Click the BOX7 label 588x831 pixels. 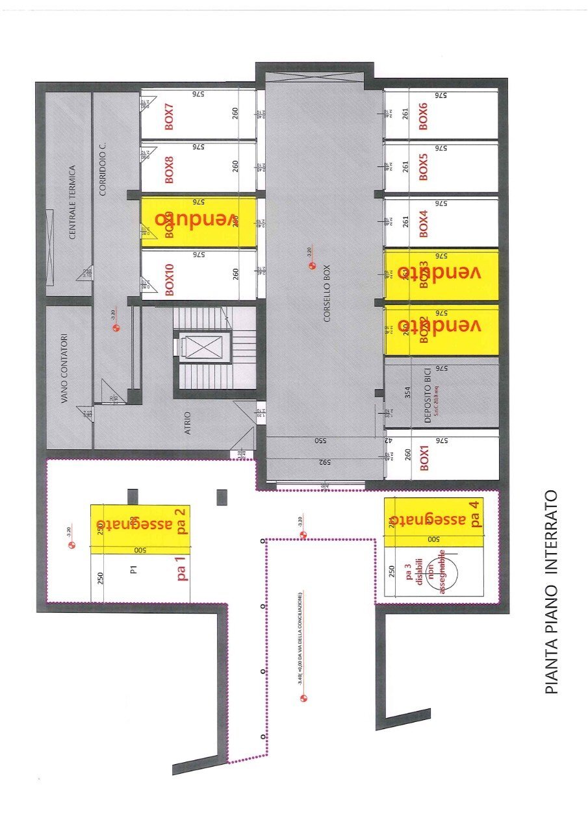click(x=170, y=117)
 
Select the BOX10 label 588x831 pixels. click(x=170, y=280)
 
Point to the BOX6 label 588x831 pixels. click(x=424, y=117)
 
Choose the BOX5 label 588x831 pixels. click(x=424, y=167)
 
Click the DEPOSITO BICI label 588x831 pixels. click(x=428, y=397)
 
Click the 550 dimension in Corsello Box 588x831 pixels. click(x=320, y=441)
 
